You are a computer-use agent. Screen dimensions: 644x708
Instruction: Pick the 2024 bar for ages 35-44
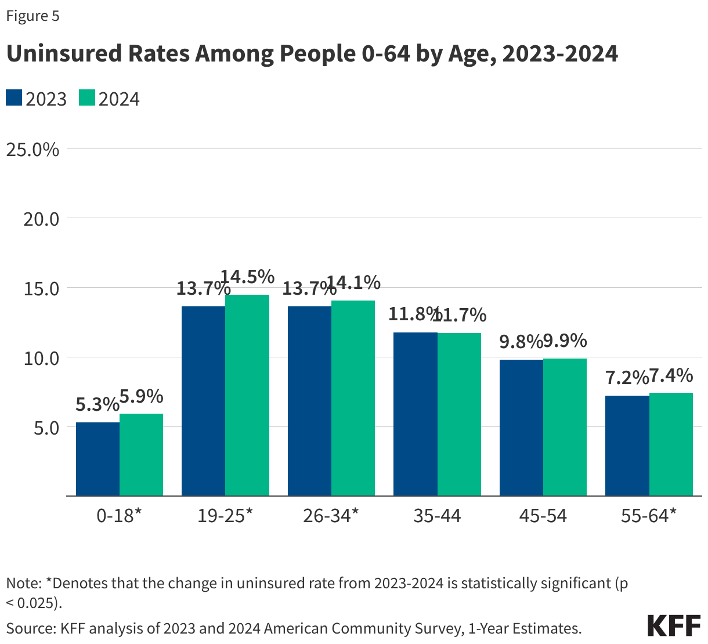point(459,414)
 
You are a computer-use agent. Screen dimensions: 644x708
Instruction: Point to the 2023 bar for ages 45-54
point(521,428)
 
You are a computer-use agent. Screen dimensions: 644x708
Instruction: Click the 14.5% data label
point(248,277)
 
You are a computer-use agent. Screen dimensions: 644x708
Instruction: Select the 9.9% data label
point(565,341)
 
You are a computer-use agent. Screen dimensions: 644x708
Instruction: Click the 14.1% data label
point(353,283)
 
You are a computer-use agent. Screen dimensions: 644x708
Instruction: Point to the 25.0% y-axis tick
point(32,149)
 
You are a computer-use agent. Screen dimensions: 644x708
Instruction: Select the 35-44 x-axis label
point(437,515)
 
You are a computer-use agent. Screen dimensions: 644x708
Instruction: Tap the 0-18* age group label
point(119,515)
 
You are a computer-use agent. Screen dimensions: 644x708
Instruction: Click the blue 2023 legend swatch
point(14,98)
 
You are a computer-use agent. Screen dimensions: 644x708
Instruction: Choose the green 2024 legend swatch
point(86,98)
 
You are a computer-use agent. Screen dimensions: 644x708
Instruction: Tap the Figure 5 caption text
point(32,16)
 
